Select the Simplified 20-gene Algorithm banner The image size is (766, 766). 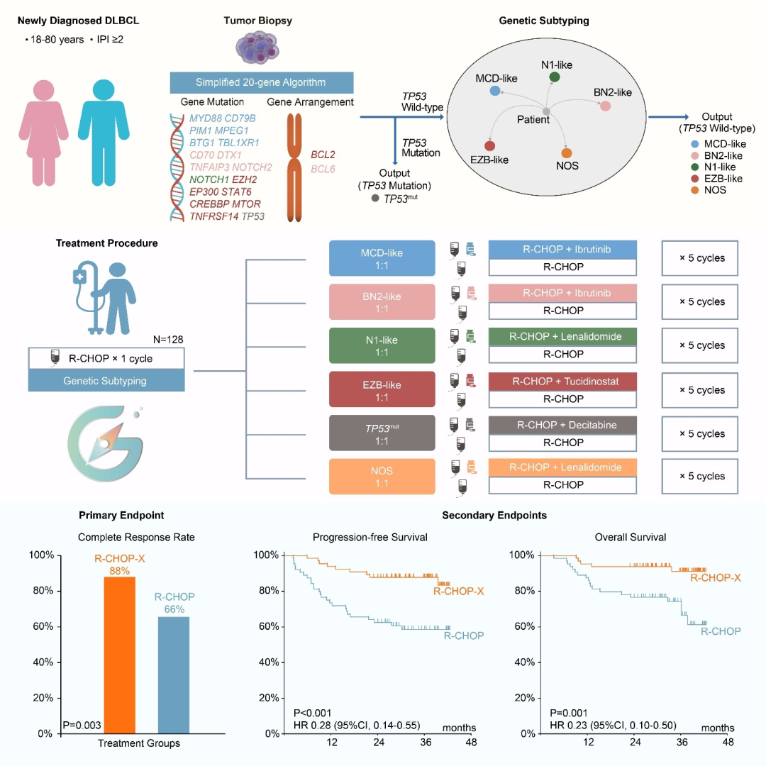(262, 82)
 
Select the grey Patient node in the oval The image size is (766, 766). (546, 111)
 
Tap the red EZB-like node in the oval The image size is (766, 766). (489, 145)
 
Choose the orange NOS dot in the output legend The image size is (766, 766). (694, 190)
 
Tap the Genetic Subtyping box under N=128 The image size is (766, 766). (106, 381)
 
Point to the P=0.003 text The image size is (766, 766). (82, 725)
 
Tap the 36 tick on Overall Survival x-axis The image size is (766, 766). (682, 742)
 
